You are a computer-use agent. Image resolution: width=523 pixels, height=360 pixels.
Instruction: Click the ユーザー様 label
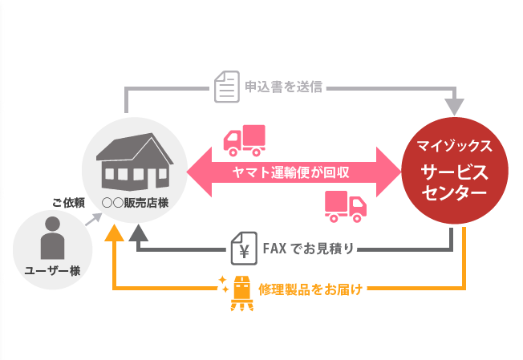(x=52, y=271)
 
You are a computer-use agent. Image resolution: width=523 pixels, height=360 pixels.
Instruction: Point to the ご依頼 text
(x=69, y=202)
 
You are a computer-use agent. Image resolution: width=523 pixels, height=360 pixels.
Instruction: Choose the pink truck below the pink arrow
(x=346, y=205)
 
